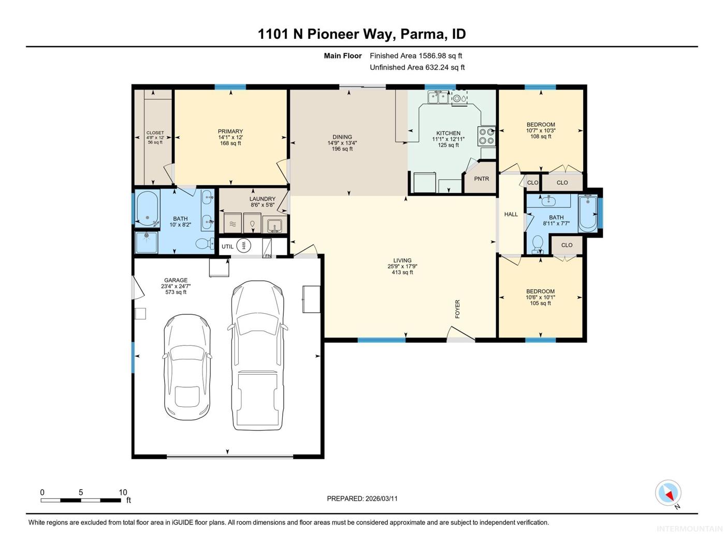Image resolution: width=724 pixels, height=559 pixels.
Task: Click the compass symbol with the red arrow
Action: coord(668,493)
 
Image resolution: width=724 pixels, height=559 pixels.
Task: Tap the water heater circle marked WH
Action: coord(243,246)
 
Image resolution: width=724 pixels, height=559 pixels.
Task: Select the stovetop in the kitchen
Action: coord(486,136)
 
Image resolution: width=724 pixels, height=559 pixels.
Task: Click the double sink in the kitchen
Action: coord(438,97)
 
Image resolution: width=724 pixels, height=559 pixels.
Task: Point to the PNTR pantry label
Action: coord(482,179)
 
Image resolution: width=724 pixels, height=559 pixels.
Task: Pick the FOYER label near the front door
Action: coord(457,308)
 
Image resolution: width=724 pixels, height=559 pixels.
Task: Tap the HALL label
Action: coord(511,214)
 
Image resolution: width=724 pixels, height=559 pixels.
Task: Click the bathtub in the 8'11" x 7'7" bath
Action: coord(588,213)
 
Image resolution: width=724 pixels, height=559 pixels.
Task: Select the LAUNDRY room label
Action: coord(262,199)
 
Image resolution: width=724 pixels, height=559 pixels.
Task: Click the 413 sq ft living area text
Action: coord(402,272)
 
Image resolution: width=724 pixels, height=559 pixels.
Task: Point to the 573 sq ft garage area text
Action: coord(176,292)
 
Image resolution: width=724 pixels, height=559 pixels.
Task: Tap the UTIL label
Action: coord(227,247)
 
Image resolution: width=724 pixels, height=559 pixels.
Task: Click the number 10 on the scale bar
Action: coord(123,492)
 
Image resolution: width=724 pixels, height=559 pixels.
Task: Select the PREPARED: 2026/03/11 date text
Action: coord(362,499)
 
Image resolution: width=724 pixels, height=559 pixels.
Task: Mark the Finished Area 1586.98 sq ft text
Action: coord(416,56)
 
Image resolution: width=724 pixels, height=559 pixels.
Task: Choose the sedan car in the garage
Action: coord(187,367)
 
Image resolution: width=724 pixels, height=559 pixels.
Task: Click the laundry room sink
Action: coord(275,225)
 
